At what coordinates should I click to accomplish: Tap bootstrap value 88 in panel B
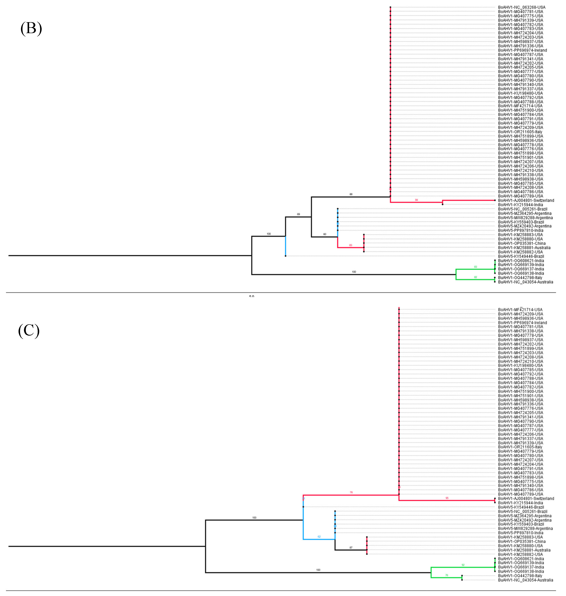tap(351, 194)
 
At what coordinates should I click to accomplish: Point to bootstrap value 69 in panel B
tap(298, 214)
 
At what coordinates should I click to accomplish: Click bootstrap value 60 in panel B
tap(325, 234)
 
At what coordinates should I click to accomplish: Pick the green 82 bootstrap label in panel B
tap(476, 277)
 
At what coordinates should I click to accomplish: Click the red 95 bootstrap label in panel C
tap(447, 498)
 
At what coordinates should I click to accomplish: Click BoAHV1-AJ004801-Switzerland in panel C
tap(526, 499)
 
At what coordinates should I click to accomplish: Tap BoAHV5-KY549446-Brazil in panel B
tap(521, 256)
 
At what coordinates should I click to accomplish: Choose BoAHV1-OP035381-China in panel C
tap(522, 541)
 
